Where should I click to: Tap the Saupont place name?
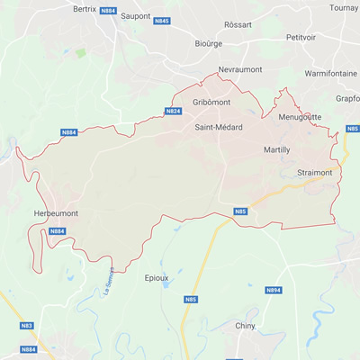pos(136,16)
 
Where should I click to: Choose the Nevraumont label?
pos(240,69)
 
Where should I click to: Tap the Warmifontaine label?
pos(331,72)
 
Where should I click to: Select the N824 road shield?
pos(174,112)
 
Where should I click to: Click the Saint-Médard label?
pos(219,128)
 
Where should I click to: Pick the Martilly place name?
pos(276,149)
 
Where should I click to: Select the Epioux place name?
pos(157,278)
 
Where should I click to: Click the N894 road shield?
pos(274,291)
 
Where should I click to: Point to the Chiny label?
pos(244,326)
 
